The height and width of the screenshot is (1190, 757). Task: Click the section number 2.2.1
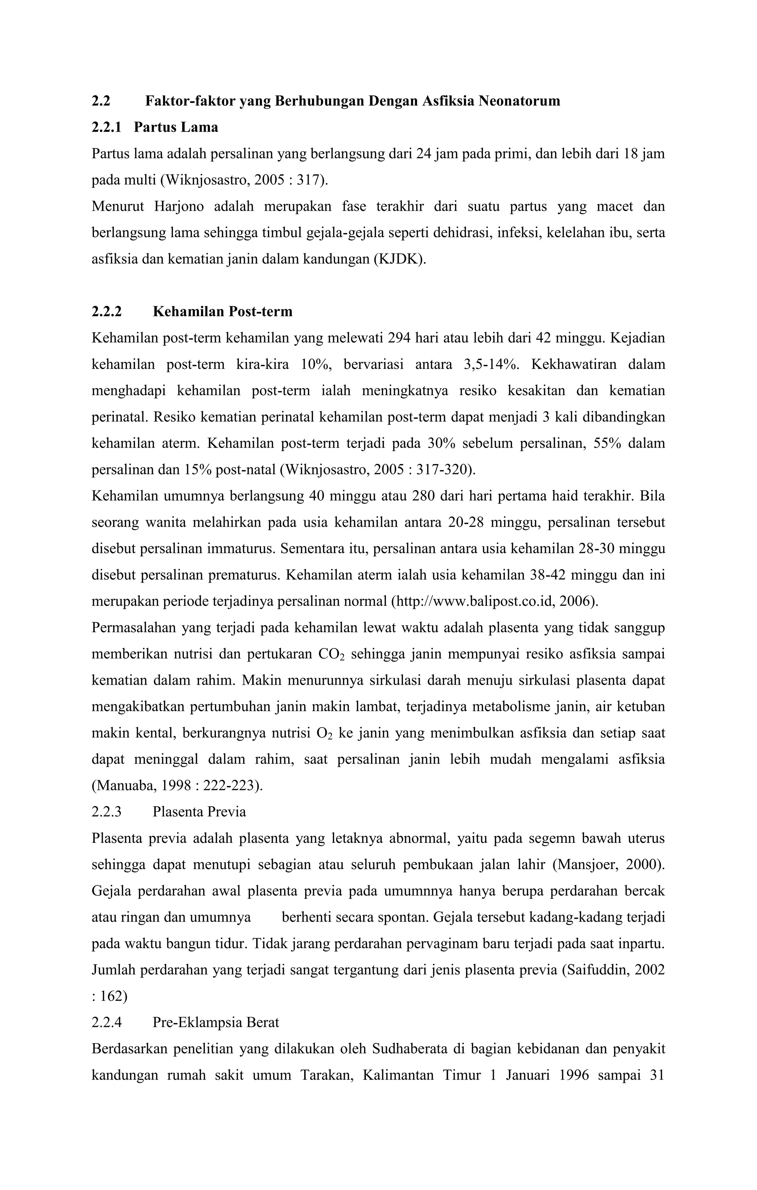point(106,128)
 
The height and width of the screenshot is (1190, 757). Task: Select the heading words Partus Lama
point(176,128)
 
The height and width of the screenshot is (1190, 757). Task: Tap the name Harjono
point(179,207)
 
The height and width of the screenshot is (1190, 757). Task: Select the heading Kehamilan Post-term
point(223,312)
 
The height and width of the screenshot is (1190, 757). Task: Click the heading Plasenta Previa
point(199,812)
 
